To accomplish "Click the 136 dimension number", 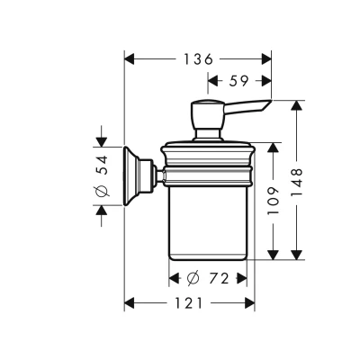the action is pos(198,59).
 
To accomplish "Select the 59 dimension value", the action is pos(239,81).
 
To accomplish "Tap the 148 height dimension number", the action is pos(297,182).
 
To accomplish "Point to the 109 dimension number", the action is pos(273,201).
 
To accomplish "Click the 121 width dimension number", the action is pos(189,303).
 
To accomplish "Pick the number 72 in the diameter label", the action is pos(219,279).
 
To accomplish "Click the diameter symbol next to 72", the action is pos(193,279).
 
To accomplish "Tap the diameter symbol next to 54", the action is pos(101,191).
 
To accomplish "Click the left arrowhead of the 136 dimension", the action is pos(129,59).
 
